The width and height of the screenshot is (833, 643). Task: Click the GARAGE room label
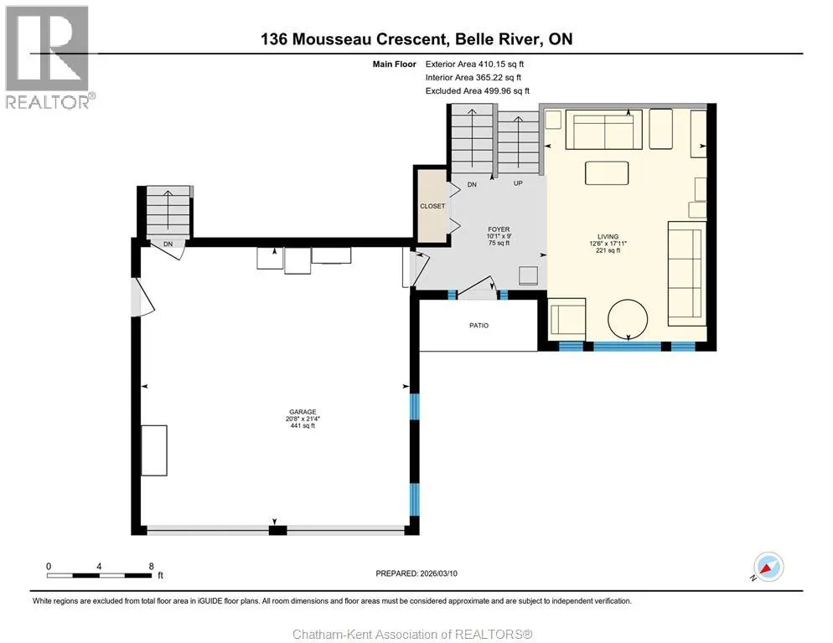303,411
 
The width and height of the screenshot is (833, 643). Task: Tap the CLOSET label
432,206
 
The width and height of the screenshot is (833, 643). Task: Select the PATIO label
479,326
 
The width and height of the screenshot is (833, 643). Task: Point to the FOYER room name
499,229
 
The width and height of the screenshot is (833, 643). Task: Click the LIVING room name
608,237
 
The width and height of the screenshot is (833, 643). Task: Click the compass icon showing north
768,567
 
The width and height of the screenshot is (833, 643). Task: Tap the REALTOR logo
48,57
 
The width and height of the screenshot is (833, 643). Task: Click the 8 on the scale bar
152,566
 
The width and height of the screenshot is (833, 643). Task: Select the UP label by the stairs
518,183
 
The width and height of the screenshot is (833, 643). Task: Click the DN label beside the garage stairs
168,244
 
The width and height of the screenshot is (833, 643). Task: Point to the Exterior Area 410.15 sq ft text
474,64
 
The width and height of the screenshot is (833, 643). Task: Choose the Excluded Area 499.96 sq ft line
478,90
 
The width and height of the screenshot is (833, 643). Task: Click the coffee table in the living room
607,173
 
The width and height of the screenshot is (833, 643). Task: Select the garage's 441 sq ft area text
303,425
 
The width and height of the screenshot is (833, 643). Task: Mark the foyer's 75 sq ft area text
499,243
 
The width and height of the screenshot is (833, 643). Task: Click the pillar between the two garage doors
277,530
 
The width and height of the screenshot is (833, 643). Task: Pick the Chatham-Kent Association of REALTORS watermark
413,635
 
